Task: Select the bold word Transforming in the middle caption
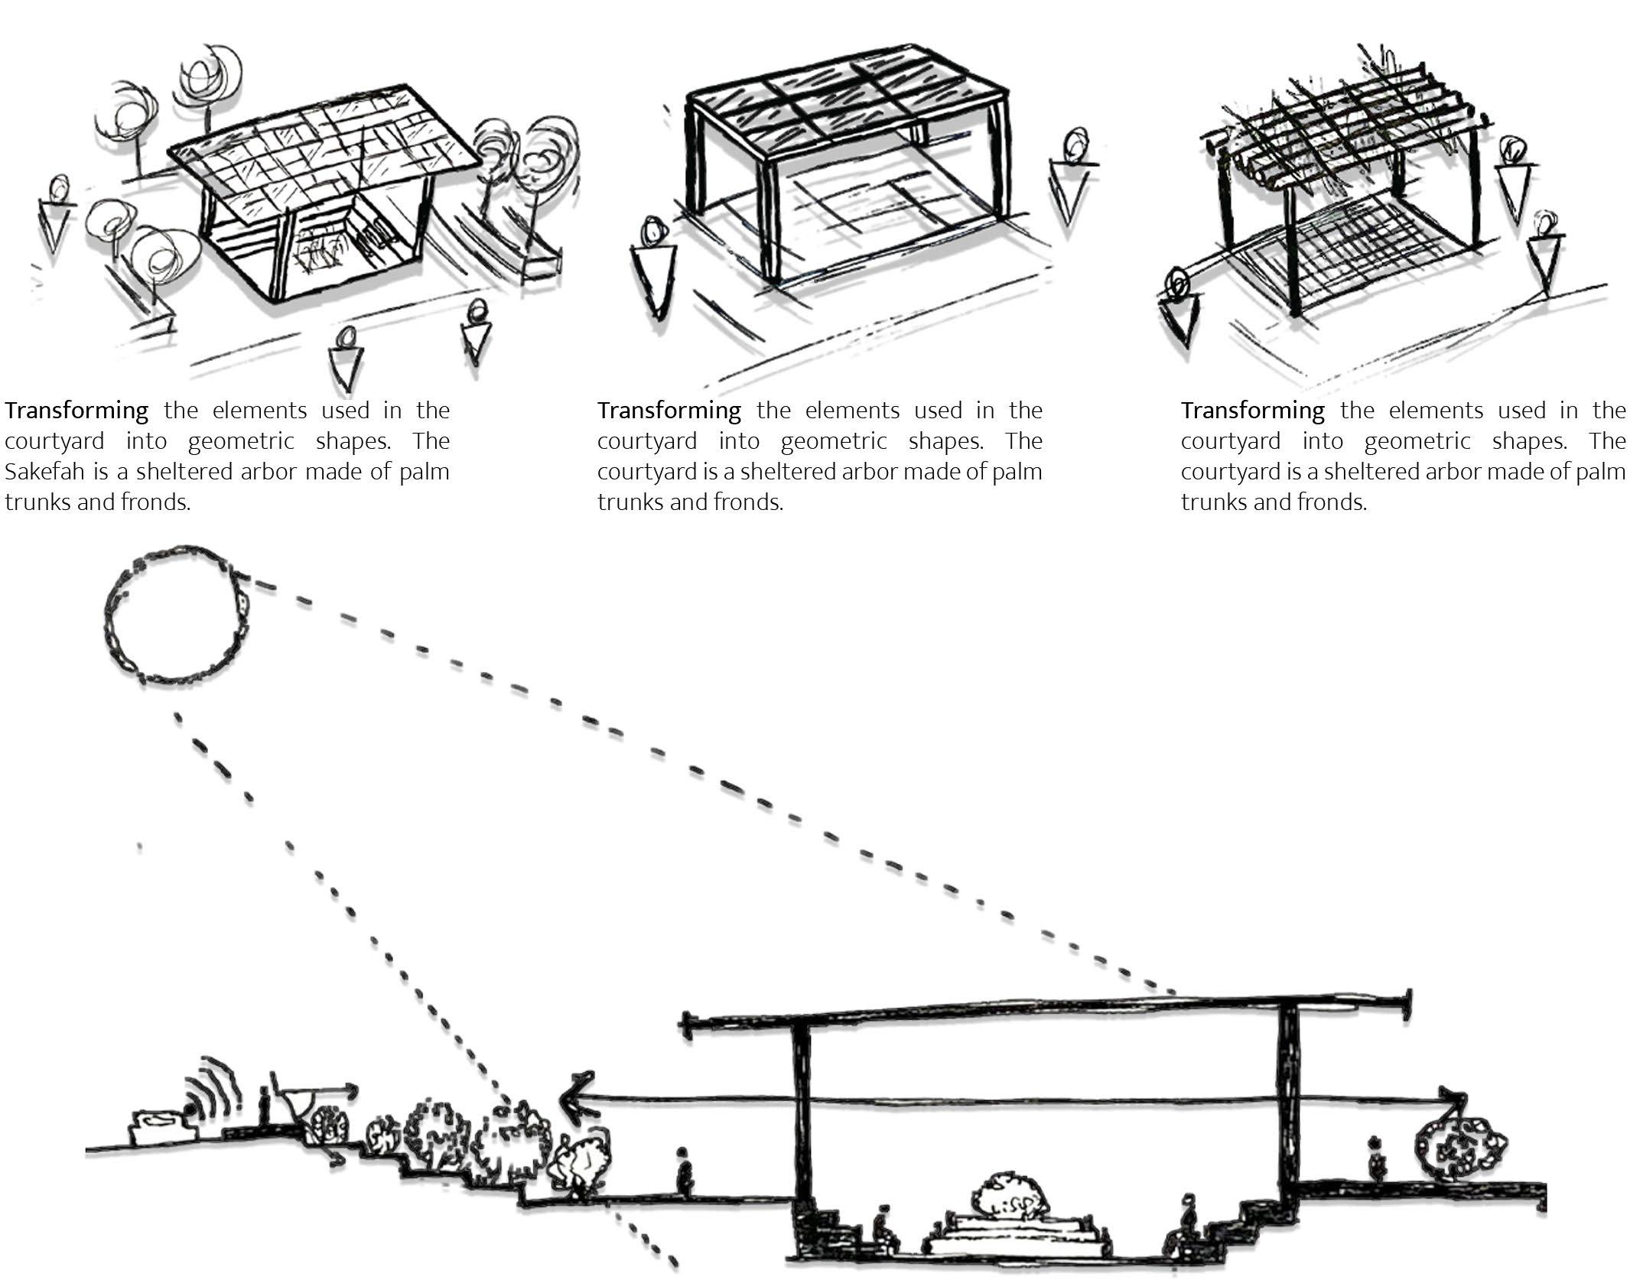(x=669, y=411)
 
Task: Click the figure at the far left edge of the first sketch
(x=55, y=214)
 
